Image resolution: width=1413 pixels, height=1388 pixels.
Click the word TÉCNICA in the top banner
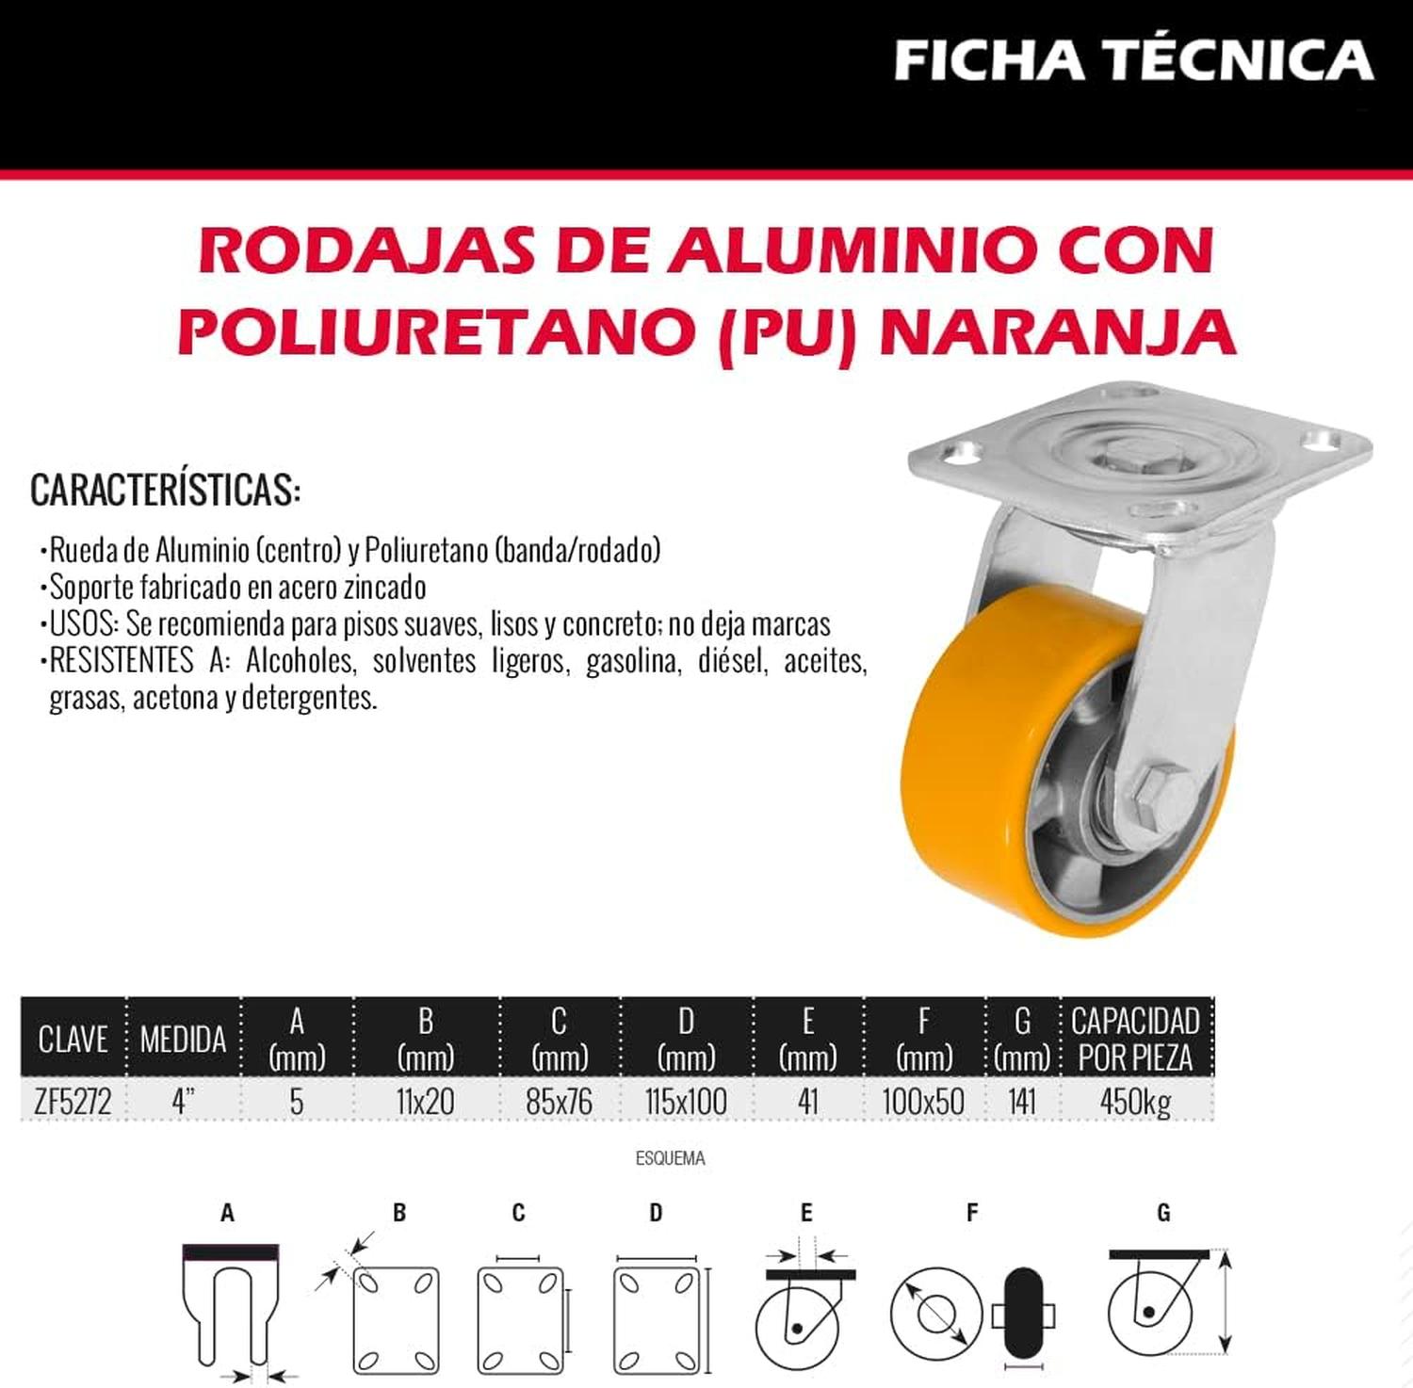1241,59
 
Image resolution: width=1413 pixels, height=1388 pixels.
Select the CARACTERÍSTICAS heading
166,490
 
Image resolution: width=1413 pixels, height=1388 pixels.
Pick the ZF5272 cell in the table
73,1101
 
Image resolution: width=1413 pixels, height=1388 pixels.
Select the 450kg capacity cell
1135,1101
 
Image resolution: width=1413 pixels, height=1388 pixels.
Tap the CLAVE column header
73,1040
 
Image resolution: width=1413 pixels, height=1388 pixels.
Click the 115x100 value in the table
686,1101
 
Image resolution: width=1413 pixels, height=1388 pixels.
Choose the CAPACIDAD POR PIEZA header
1135,1039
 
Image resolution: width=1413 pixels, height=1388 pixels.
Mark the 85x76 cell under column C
560,1101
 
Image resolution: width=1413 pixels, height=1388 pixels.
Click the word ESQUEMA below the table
670,1158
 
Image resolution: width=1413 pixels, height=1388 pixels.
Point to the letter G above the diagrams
1163,1213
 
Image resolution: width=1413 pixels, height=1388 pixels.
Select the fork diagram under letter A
230,1305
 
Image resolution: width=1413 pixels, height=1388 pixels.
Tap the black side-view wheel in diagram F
1022,1315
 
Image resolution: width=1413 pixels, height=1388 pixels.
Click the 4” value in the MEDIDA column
183,1100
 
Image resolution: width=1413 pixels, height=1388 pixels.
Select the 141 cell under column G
1022,1101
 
